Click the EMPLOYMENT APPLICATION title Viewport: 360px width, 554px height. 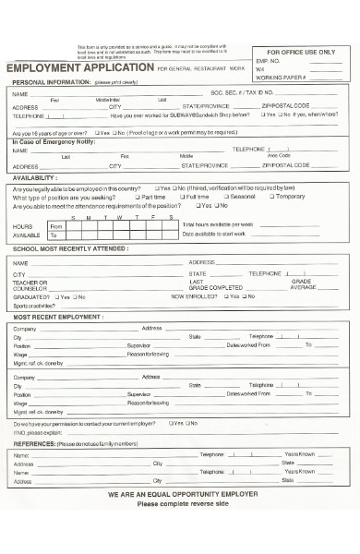(x=80, y=69)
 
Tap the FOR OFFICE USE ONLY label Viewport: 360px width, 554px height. (x=301, y=53)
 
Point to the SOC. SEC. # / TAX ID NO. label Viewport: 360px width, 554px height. (x=242, y=93)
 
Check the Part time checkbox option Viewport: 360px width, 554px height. (x=150, y=197)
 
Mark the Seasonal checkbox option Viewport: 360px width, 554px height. (x=238, y=197)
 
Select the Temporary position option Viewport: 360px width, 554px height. (x=286, y=197)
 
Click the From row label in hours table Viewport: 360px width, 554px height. (x=55, y=226)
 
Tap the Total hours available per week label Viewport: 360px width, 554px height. (x=218, y=224)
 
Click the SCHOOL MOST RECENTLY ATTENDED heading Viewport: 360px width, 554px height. (x=70, y=249)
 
